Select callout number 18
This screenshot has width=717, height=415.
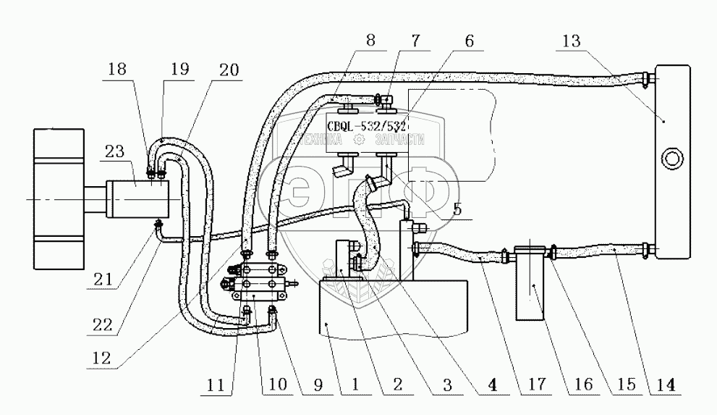pyautogui.click(x=117, y=71)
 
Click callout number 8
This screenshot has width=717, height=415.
pyautogui.click(x=370, y=41)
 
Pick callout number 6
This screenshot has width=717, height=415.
pyautogui.click(x=470, y=42)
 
